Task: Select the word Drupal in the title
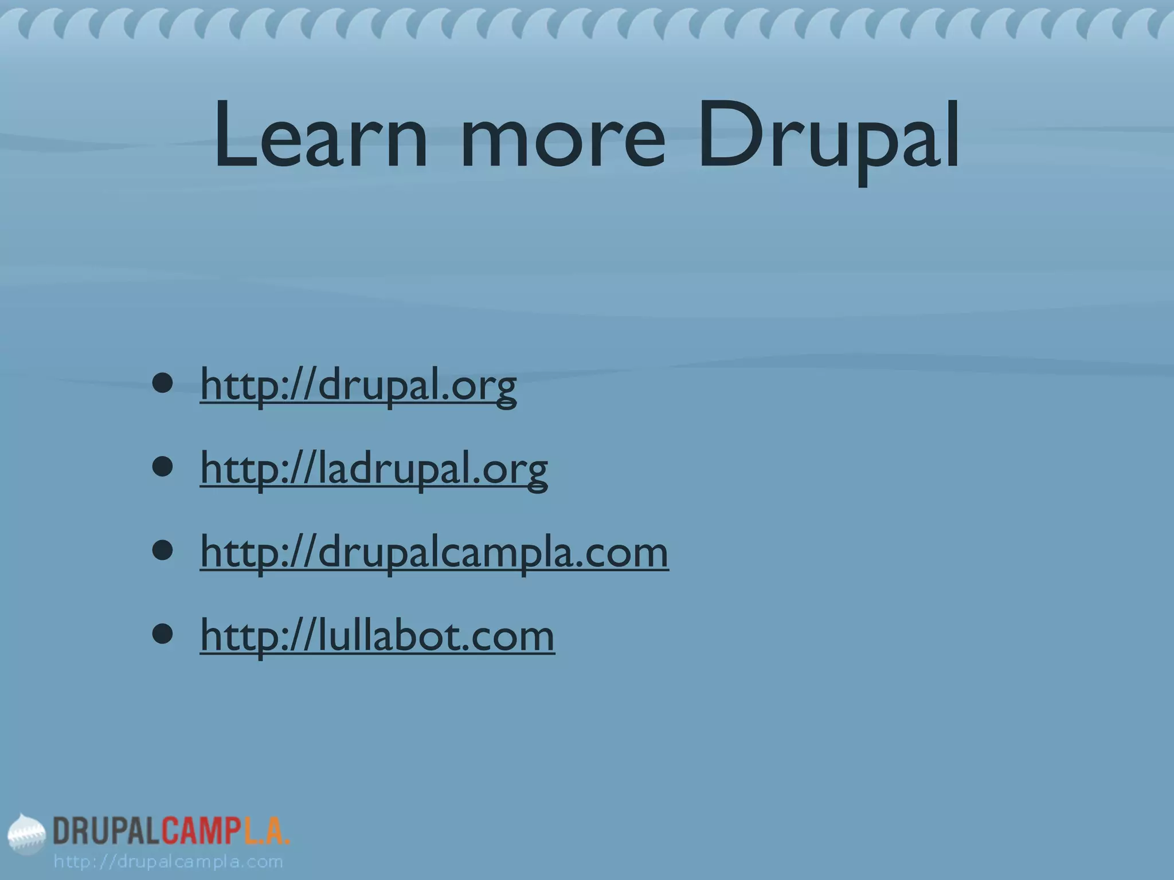(829, 137)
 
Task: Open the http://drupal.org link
(358, 386)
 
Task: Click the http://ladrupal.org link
(374, 469)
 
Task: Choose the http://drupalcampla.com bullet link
(434, 552)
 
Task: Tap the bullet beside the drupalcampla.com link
(163, 551)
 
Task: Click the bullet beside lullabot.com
(163, 634)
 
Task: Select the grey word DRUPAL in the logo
(106, 831)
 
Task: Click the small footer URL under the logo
(169, 862)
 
